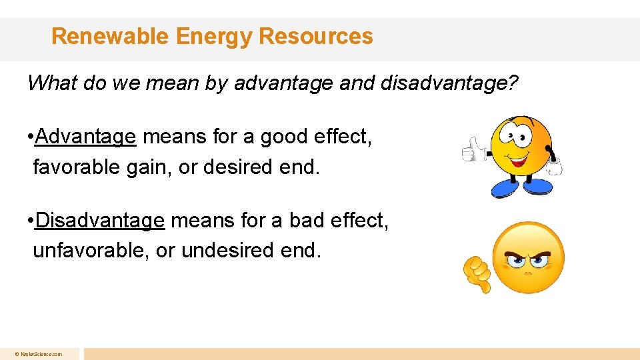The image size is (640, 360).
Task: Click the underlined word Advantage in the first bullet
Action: pyautogui.click(x=86, y=137)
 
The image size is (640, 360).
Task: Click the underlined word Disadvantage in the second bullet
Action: pyautogui.click(x=100, y=220)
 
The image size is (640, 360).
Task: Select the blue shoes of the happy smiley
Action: pyautogui.click(x=521, y=187)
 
